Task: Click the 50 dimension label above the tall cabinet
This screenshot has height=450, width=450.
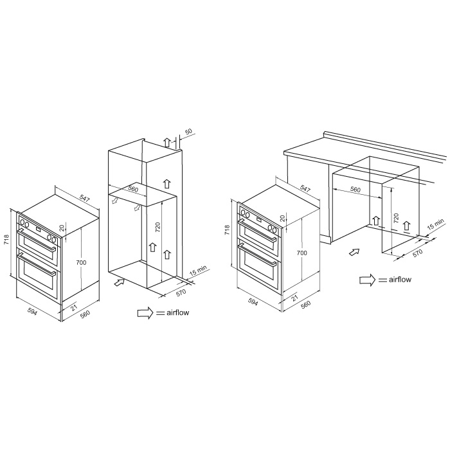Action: pos(188,132)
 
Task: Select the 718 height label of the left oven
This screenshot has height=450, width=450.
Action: pos(7,240)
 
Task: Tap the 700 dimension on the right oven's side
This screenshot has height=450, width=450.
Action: pos(302,253)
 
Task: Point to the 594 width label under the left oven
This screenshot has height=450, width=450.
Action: pos(32,311)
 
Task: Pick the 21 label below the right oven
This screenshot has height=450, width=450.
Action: pos(294,297)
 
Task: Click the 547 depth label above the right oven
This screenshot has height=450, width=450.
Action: pos(305,188)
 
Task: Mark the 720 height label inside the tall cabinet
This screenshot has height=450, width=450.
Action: pos(157,228)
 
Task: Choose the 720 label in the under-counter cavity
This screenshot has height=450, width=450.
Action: pos(397,219)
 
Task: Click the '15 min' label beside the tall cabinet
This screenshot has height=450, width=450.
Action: pos(198,271)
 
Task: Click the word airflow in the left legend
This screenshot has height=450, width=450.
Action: pos(177,312)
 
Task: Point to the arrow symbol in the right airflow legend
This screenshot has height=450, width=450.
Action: pos(367,280)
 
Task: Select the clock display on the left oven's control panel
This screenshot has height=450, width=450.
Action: pos(38,229)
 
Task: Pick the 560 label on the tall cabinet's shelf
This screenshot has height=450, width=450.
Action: pos(133,189)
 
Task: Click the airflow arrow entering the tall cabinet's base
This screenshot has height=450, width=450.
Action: pos(120,282)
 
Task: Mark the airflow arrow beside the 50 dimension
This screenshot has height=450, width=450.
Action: pos(166,142)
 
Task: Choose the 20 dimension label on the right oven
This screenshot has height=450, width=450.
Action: pos(283,219)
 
